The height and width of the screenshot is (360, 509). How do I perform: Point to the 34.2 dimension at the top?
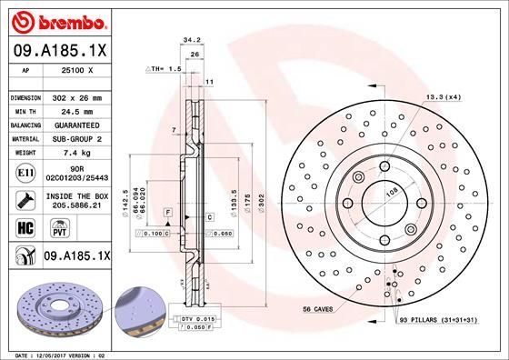tap(191, 40)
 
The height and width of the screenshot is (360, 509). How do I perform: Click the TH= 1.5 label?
tap(166, 69)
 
